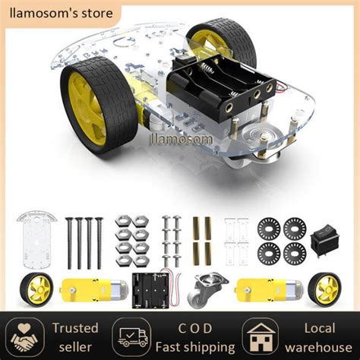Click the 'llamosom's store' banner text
61,13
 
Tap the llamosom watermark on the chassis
182,138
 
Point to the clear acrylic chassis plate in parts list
36,239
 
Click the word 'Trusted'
75,328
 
